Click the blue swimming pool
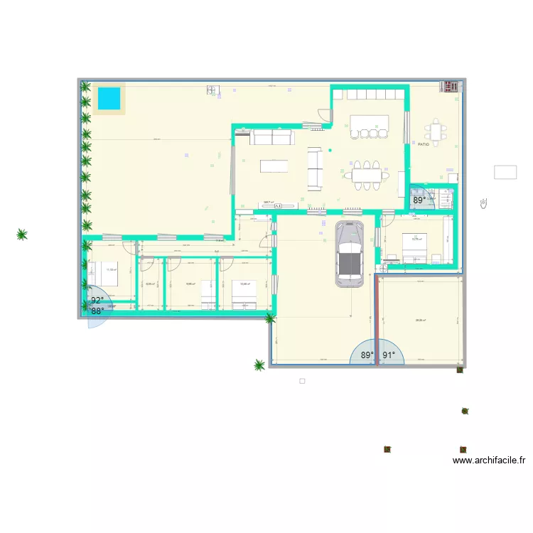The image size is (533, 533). point(109,99)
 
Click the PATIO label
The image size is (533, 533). point(424,145)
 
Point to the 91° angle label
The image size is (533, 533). point(389,355)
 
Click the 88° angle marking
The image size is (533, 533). point(97,311)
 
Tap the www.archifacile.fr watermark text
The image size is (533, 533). point(488,461)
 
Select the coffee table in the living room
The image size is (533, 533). point(275,166)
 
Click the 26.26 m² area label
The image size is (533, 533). point(421,321)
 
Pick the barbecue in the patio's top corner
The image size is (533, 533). point(450,87)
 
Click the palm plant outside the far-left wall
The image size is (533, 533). point(22,234)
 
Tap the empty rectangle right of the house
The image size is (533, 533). point(505,172)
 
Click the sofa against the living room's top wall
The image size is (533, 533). point(270,137)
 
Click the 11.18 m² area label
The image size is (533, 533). point(112,270)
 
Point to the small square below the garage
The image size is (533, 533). point(302,381)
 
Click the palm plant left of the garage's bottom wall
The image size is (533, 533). point(259,365)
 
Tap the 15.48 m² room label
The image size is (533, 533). point(244,284)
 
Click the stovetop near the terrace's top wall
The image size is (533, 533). point(212,90)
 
